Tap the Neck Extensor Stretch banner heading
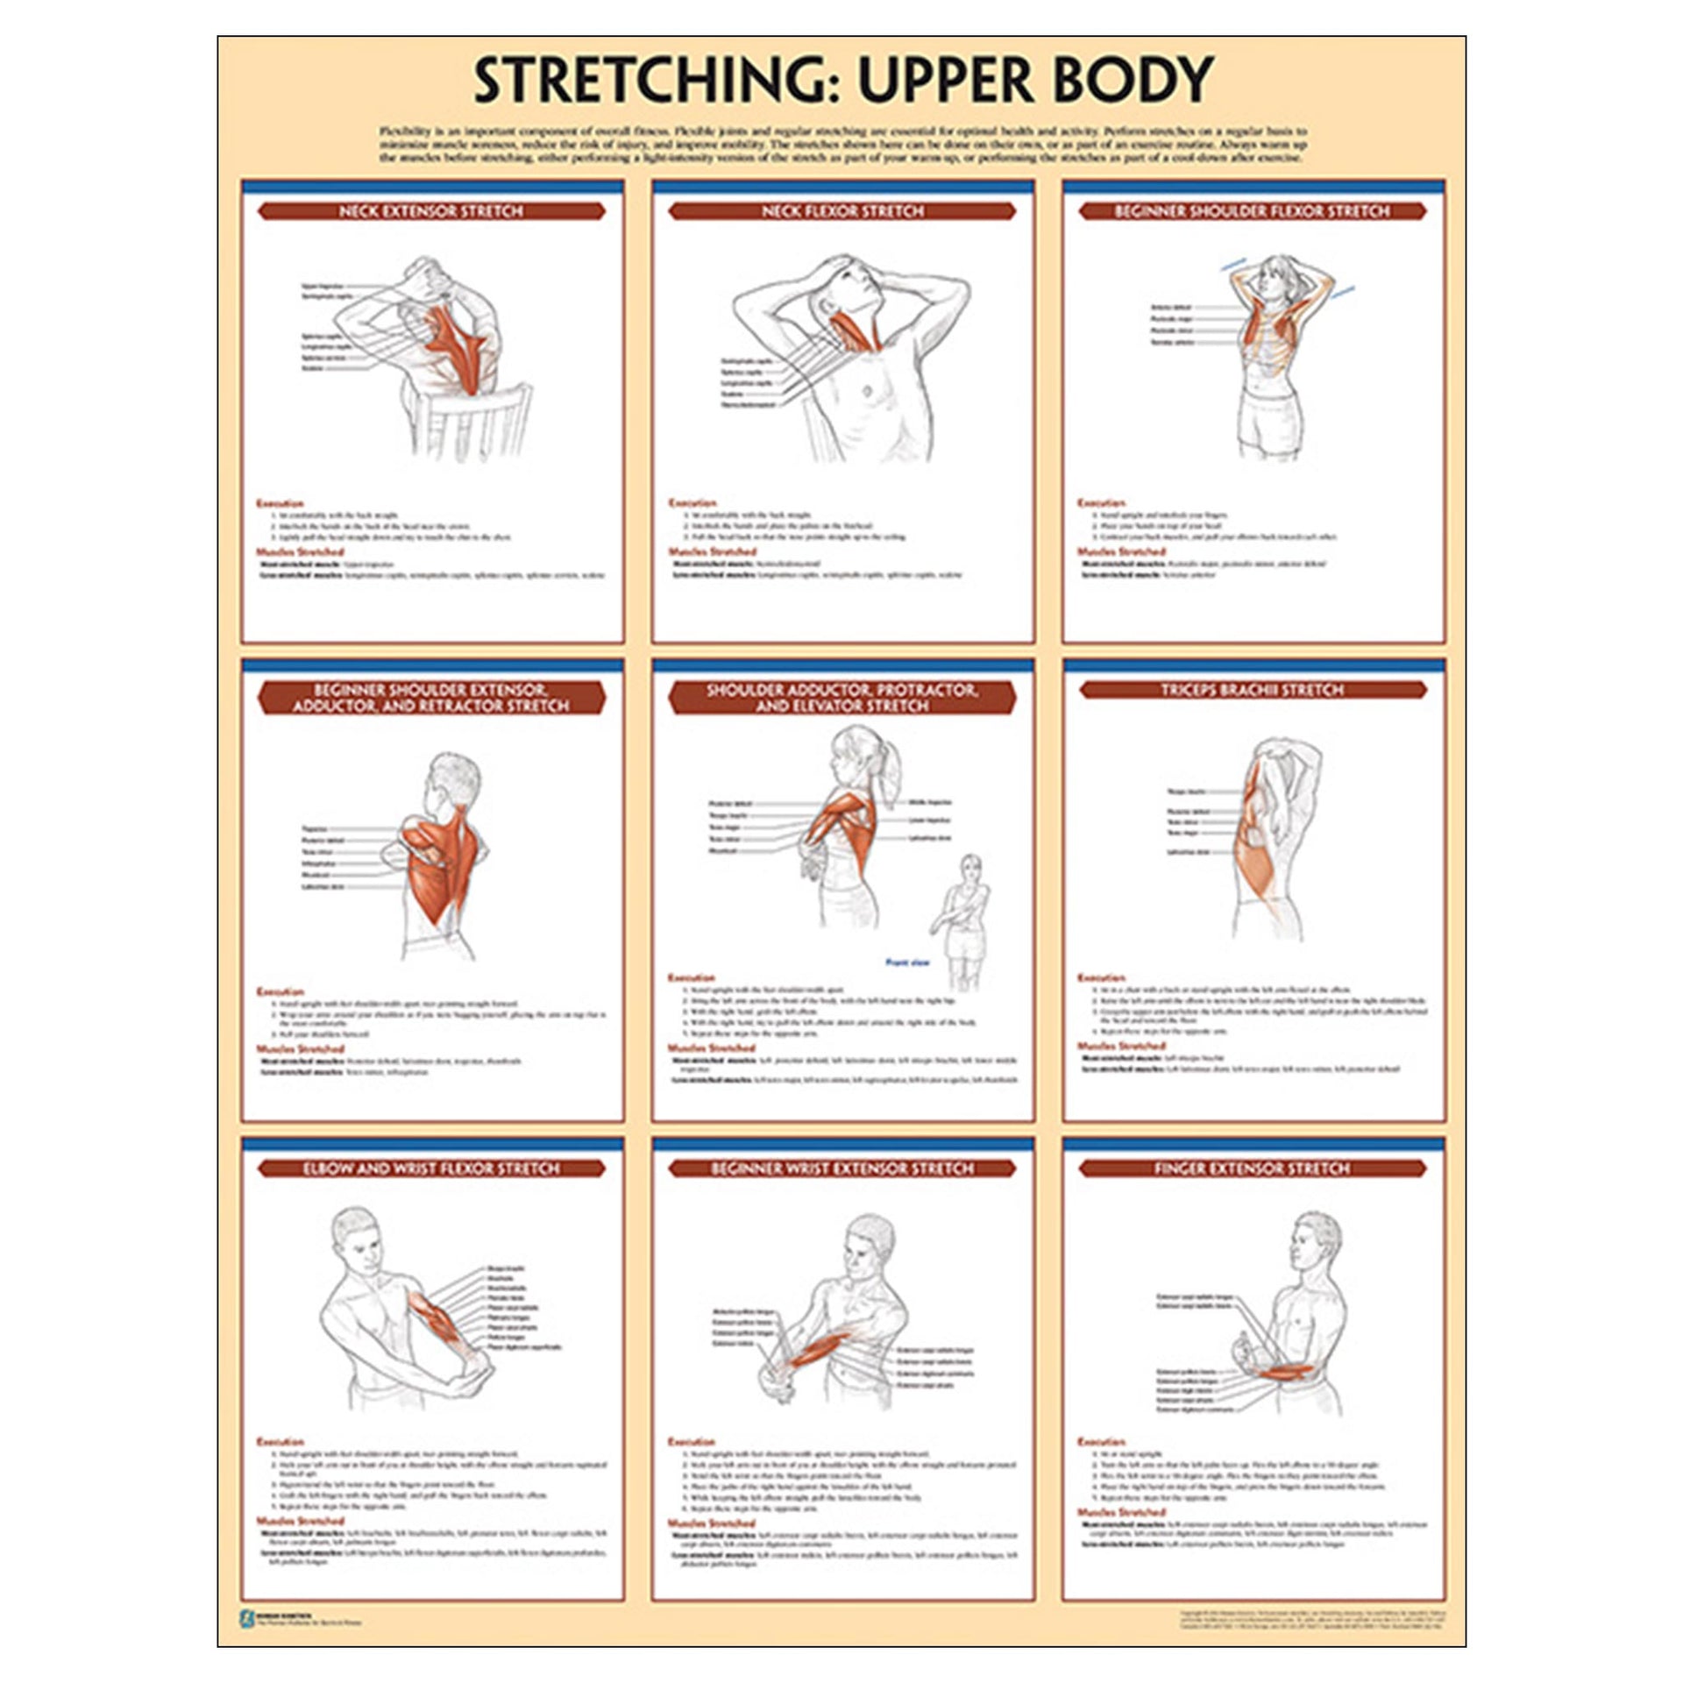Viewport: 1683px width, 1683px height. click(430, 211)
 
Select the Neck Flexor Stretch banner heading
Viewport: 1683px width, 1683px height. click(841, 211)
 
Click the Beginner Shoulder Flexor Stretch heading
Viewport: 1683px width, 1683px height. click(1252, 211)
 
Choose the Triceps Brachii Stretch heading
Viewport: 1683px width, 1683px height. click(1252, 690)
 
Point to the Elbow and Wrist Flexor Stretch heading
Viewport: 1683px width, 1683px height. click(430, 1168)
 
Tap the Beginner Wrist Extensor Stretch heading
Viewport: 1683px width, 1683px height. click(841, 1168)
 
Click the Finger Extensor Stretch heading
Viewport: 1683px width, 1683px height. click(1252, 1168)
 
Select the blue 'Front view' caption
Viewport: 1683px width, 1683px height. click(907, 962)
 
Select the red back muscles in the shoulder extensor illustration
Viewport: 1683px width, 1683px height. click(443, 868)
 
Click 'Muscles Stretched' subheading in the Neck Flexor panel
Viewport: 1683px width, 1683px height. click(712, 552)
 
